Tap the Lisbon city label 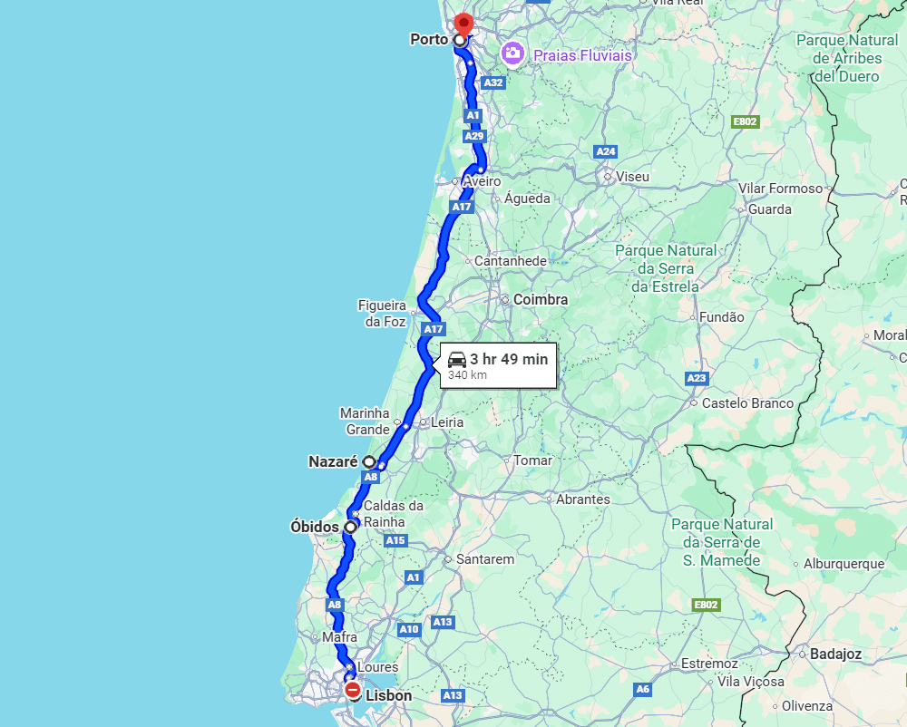[388, 696]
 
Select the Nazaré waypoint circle [370, 461]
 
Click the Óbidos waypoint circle [350, 527]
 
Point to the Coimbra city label [541, 299]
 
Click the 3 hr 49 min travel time [509, 359]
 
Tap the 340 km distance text [467, 374]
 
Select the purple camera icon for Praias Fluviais [512, 54]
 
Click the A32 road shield [493, 82]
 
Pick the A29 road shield [474, 136]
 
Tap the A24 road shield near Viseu [606, 151]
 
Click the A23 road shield [697, 378]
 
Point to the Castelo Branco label [747, 403]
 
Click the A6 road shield [642, 690]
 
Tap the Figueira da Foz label [382, 314]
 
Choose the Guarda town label [770, 209]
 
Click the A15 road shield [395, 540]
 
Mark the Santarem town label [485, 559]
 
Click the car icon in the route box [457, 359]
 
